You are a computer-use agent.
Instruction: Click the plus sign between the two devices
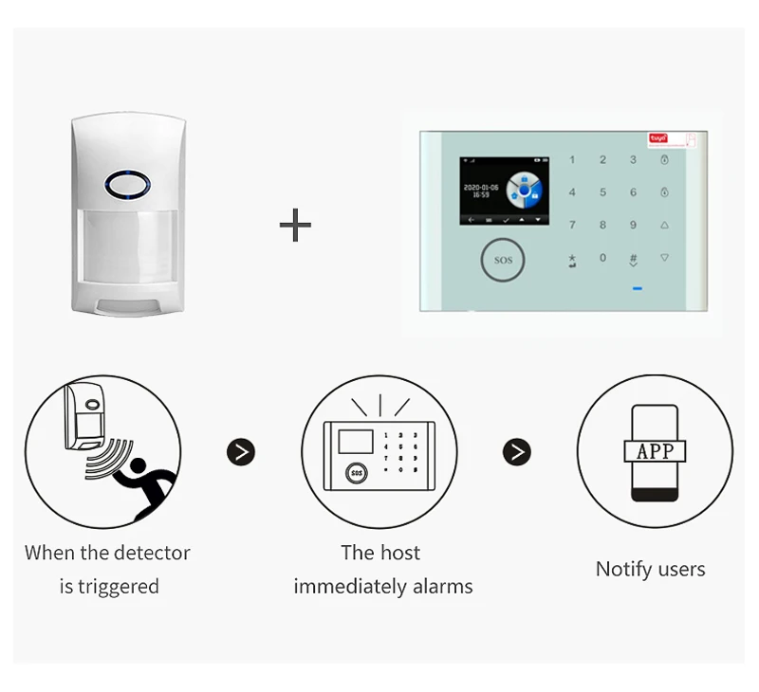(x=295, y=226)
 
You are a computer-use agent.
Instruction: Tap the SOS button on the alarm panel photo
(x=503, y=260)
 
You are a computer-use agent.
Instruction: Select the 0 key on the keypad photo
(x=602, y=258)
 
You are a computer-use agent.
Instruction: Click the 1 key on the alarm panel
(x=572, y=160)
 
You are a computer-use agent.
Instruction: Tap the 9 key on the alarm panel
(x=633, y=226)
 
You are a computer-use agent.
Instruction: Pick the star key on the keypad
(x=572, y=258)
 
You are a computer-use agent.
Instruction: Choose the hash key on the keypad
(x=633, y=258)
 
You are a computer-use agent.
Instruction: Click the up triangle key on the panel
(x=664, y=226)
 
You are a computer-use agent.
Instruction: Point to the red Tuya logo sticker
(x=658, y=138)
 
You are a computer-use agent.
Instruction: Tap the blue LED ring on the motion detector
(x=127, y=183)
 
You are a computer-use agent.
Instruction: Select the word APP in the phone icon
(x=655, y=451)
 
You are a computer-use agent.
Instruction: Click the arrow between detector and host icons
(x=241, y=452)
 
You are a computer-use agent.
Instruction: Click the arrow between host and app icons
(x=516, y=452)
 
